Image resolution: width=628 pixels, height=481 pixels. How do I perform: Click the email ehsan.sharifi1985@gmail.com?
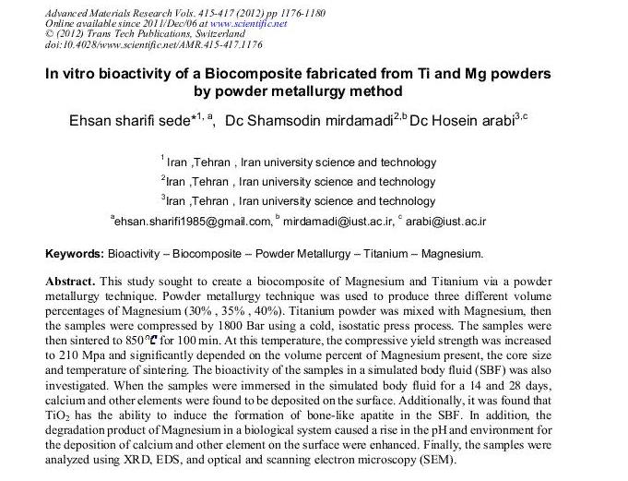click(x=193, y=222)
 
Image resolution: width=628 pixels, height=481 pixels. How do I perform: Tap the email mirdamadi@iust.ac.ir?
click(x=338, y=222)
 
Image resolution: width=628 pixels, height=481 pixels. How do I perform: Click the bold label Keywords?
click(x=75, y=253)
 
